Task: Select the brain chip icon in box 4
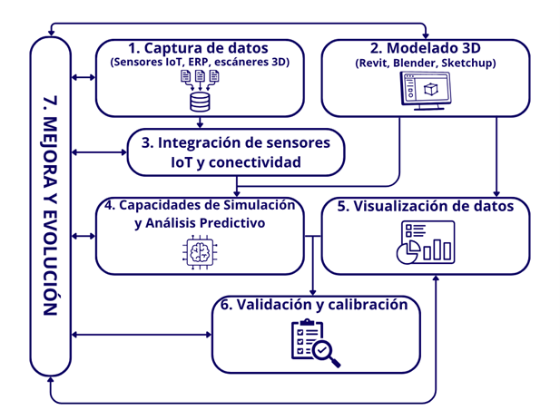point(199,251)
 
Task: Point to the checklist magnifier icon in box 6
point(313,344)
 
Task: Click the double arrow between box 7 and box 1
point(84,78)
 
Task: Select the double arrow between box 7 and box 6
point(142,336)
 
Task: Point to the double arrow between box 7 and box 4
point(84,236)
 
